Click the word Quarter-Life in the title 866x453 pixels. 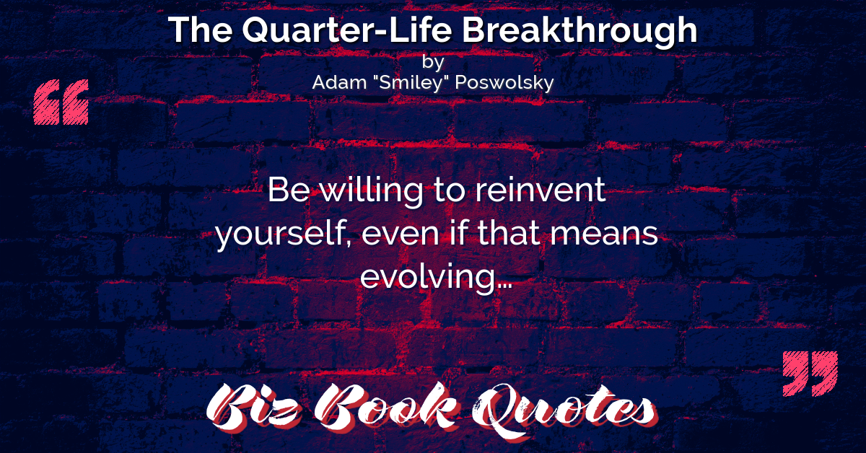347,30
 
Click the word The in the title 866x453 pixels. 200,30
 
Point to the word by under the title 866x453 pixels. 433,62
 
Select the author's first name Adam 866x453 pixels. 339,82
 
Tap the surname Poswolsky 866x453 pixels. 504,83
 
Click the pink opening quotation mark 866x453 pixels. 61,102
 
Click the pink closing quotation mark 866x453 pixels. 810,374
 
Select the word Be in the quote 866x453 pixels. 289,190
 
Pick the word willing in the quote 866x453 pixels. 372,192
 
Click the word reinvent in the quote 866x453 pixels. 541,190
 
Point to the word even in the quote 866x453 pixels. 401,234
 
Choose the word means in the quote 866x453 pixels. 604,234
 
